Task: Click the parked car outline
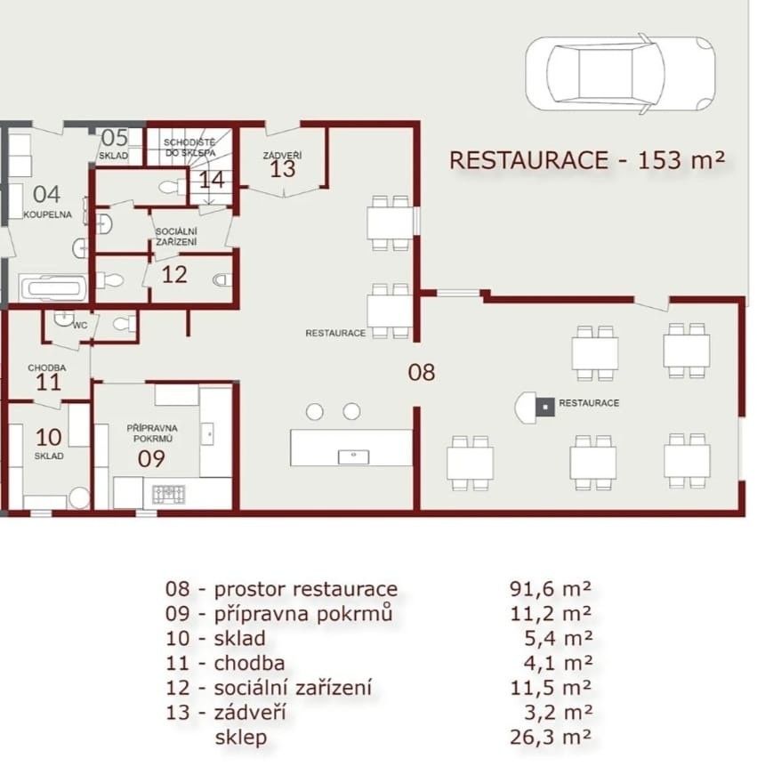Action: [x=620, y=73]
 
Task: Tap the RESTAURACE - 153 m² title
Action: [x=587, y=160]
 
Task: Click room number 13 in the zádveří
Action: [x=283, y=169]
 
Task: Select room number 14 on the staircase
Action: [x=212, y=180]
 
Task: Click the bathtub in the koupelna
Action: [x=53, y=288]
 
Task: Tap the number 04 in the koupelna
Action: [x=46, y=194]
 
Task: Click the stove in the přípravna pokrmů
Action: [x=168, y=494]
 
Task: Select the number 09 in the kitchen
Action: [x=151, y=458]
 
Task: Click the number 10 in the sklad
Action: [x=48, y=438]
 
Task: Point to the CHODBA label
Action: [x=47, y=367]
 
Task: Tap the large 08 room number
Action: [x=422, y=373]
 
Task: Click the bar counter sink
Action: [x=353, y=456]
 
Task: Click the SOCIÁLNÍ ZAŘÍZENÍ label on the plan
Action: [x=176, y=237]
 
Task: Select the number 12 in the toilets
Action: [x=174, y=275]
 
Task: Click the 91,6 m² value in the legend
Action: [x=551, y=589]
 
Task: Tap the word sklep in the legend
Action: [x=241, y=738]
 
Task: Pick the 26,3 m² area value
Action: [x=551, y=737]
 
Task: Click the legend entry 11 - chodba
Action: [x=225, y=663]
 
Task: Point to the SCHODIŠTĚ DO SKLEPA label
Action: [x=189, y=148]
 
